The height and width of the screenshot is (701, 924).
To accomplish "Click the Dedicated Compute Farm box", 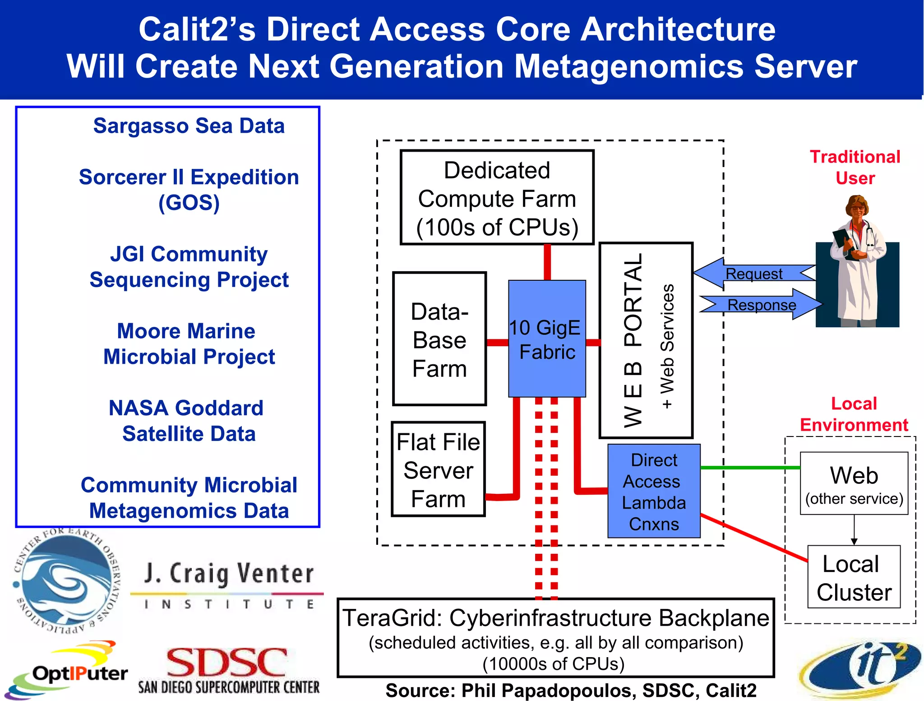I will (x=497, y=198).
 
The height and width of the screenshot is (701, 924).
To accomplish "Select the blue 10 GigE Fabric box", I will (x=547, y=339).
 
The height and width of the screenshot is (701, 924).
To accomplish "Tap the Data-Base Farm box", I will (x=439, y=339).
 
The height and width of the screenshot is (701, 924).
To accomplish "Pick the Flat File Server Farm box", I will (x=438, y=469).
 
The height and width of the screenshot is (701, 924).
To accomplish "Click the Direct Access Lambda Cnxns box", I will (x=654, y=491).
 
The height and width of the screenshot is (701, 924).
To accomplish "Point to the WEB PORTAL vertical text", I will (x=633, y=340).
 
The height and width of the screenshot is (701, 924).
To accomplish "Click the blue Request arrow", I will (x=754, y=274).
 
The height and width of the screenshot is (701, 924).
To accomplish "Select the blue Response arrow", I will (x=761, y=305).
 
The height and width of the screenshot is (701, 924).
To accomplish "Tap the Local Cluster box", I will (x=854, y=577).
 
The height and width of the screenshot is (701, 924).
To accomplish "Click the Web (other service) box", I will (x=854, y=483).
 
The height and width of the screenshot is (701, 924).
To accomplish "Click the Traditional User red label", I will (x=855, y=167).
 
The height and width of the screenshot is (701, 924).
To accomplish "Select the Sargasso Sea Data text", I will (x=189, y=126).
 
